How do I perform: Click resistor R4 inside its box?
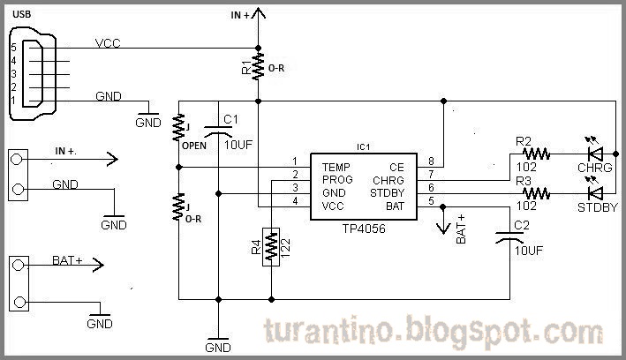coord(271,246)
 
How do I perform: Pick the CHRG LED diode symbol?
coord(595,154)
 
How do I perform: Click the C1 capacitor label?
coord(230,119)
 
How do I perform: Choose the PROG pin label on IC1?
coord(337,179)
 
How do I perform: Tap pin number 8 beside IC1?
coord(432,161)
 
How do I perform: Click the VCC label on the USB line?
coord(108,42)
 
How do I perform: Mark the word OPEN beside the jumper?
coord(194,146)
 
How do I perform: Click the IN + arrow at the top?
coord(257,14)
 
